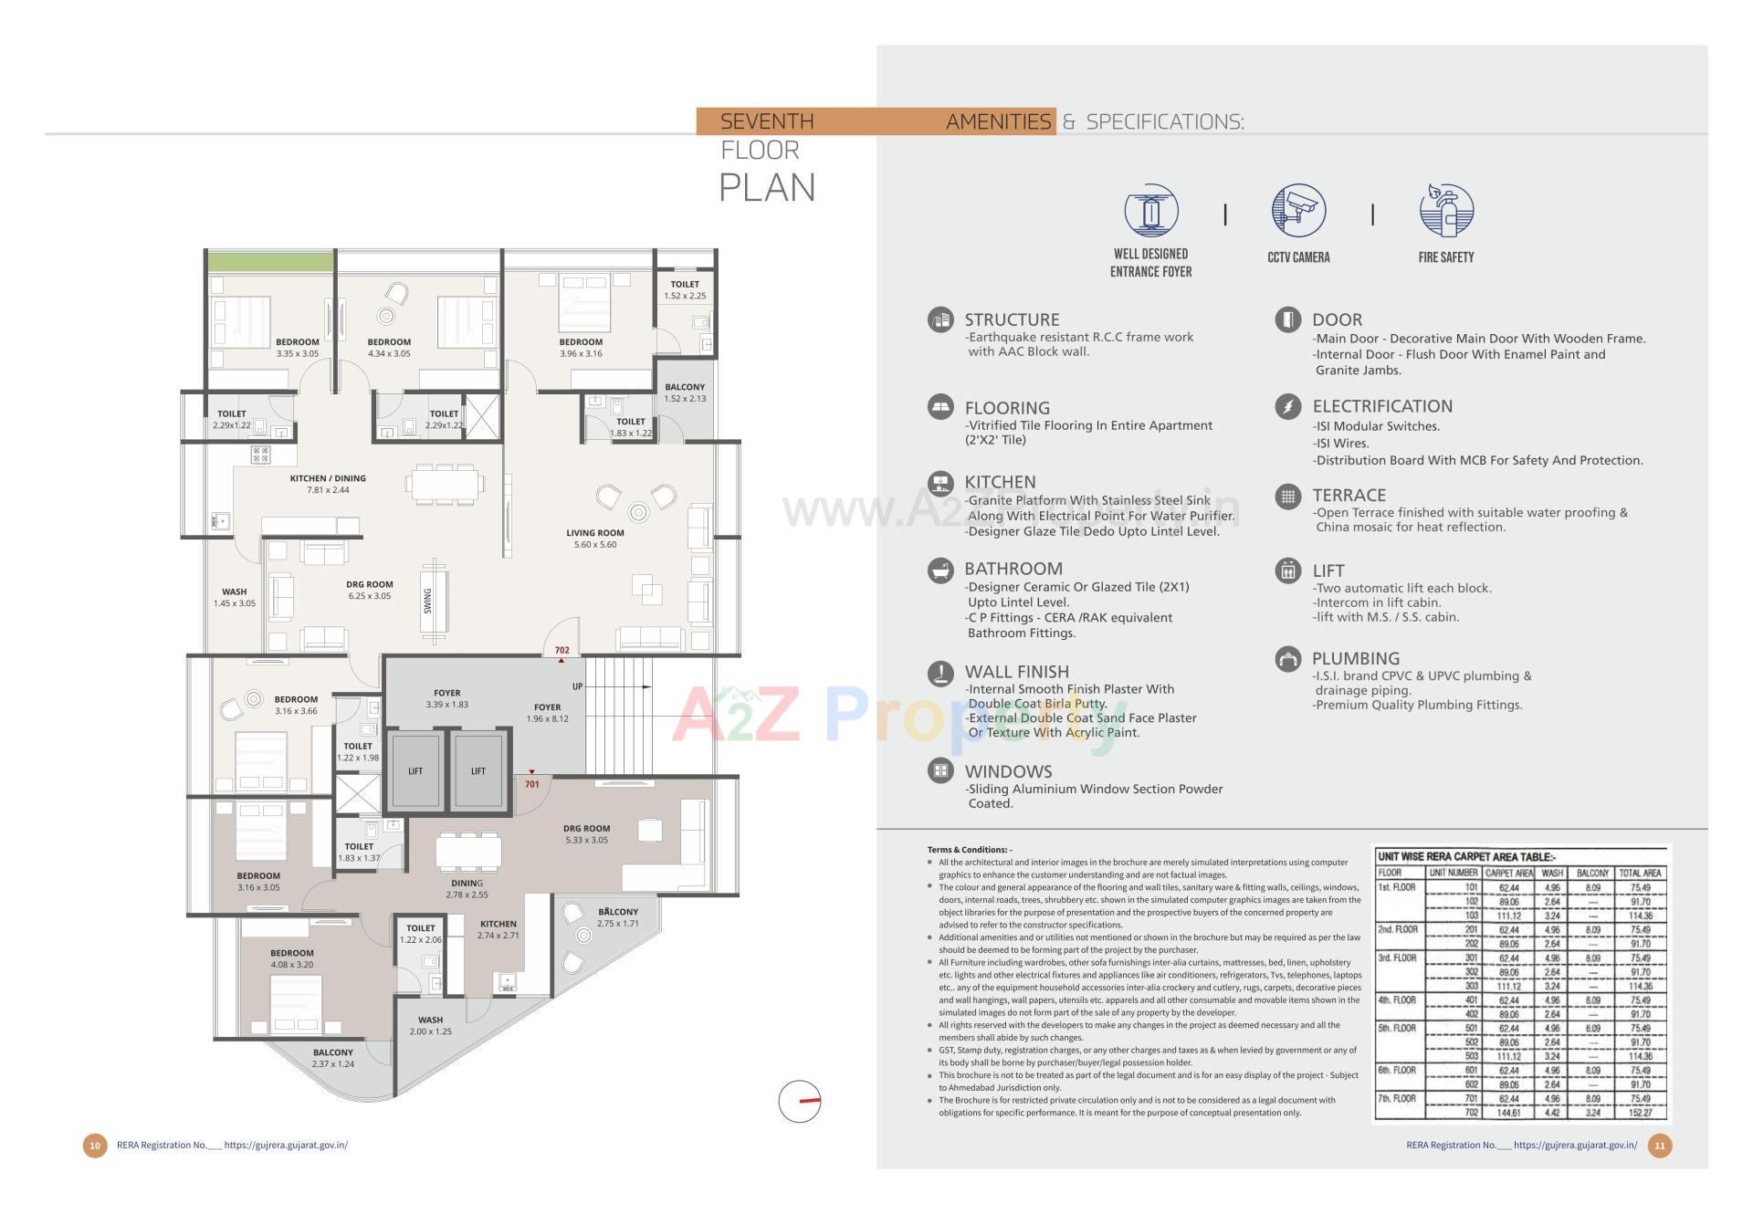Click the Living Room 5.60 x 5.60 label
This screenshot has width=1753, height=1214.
[x=594, y=539]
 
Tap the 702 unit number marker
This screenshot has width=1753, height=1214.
[x=562, y=651]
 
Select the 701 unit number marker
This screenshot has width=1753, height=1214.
[x=532, y=784]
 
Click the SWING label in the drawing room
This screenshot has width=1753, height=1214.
[x=427, y=601]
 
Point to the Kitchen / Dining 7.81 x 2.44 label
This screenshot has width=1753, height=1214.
[x=328, y=484]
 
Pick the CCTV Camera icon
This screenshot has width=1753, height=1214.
[x=1297, y=211]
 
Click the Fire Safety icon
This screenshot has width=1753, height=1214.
[x=1445, y=211]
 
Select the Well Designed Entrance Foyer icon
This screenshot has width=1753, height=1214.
[x=1150, y=211]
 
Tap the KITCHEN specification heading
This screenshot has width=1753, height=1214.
[x=1000, y=482]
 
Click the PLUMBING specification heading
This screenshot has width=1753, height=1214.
[x=1355, y=658]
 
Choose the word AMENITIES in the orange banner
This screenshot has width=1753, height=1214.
[x=998, y=121]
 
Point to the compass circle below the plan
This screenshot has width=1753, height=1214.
[x=800, y=1101]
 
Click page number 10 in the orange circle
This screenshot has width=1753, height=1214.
[x=95, y=1146]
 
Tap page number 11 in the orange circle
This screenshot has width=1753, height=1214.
[x=1659, y=1146]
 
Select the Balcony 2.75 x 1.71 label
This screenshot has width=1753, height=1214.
[x=618, y=917]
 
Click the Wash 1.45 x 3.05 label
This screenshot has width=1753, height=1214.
[x=235, y=597]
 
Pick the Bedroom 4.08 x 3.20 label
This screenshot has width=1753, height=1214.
[x=292, y=958]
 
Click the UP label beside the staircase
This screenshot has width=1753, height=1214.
[x=577, y=686]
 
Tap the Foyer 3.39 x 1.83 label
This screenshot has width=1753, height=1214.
[x=447, y=698]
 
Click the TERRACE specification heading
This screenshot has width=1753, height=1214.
[x=1349, y=495]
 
